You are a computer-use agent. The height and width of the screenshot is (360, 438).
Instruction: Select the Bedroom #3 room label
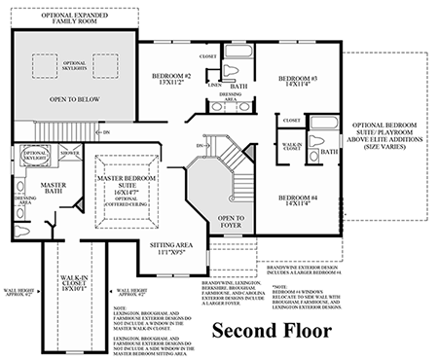[299, 81]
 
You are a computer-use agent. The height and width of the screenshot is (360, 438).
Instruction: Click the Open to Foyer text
[231, 221]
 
